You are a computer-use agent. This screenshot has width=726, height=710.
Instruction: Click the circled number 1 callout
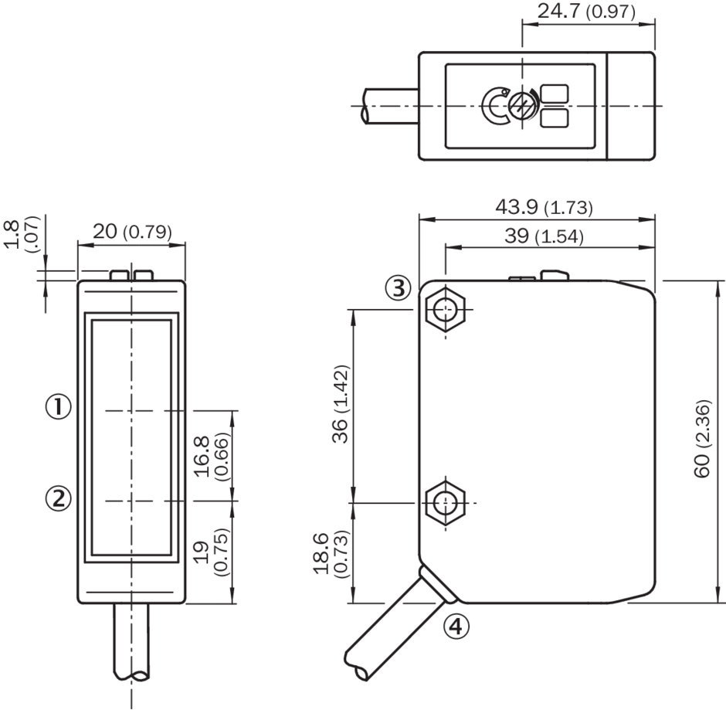click(59, 406)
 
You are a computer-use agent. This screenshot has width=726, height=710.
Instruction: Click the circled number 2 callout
click(59, 499)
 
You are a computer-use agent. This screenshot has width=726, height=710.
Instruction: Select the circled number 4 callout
click(456, 627)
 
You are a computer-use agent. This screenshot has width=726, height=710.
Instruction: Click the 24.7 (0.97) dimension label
click(586, 11)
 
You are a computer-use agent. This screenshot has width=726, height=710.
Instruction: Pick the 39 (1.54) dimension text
click(544, 236)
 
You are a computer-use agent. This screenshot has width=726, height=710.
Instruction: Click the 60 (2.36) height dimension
click(702, 438)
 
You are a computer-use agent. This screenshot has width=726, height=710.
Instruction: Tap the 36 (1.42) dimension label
click(341, 404)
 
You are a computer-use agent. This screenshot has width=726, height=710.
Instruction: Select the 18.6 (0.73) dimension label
click(331, 553)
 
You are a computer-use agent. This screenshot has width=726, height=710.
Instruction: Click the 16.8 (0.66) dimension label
click(211, 456)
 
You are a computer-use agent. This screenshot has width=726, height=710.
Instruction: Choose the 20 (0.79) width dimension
click(132, 231)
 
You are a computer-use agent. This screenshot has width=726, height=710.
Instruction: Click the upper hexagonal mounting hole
click(446, 309)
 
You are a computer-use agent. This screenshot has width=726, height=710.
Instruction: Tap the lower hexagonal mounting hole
click(446, 503)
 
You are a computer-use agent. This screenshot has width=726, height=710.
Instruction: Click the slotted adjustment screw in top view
click(522, 106)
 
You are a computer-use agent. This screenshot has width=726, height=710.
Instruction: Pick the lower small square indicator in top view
click(555, 118)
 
